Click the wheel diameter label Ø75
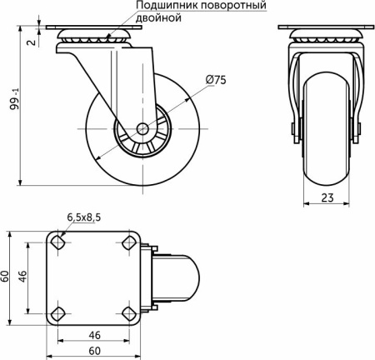(x=215, y=80)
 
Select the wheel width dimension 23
(x=327, y=199)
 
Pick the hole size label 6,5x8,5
(x=84, y=217)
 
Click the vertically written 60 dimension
(x=6, y=277)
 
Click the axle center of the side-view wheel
(x=143, y=129)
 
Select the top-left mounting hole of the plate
(x=57, y=242)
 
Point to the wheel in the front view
(x=327, y=137)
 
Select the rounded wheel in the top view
(x=179, y=277)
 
